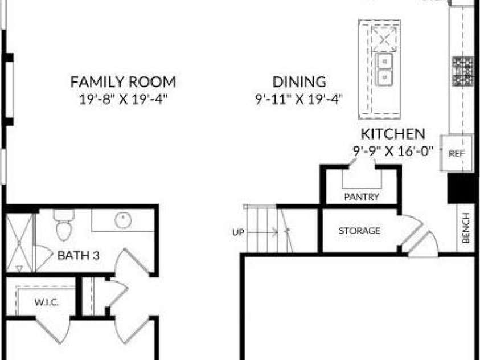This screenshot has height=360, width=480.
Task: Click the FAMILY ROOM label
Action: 123,82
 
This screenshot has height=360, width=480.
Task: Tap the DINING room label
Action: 300,81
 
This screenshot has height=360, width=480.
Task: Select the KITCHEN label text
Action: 393,134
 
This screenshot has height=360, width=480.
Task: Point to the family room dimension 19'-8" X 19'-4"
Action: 124,99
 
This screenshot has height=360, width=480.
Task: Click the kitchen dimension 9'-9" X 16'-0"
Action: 393,151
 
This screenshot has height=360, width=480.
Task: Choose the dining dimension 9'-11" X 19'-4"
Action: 299,99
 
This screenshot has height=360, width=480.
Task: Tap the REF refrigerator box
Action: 456,153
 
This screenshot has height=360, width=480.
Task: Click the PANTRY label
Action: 362,197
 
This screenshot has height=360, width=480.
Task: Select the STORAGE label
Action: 359,231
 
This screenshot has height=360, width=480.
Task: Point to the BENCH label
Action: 466,228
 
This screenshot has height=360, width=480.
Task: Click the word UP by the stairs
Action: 238,232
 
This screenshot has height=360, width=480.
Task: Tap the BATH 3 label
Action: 79,255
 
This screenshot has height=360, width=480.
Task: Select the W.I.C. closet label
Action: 47,302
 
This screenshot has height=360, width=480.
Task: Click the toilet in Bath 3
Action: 64,225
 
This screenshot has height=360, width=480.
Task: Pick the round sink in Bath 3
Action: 123,220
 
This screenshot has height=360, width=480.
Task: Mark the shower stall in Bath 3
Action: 19,243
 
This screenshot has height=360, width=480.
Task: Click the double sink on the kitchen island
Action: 384,69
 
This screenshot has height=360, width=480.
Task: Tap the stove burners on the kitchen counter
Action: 463,71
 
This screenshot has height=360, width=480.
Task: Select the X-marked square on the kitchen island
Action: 384,39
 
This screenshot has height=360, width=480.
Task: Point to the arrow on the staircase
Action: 262,232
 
